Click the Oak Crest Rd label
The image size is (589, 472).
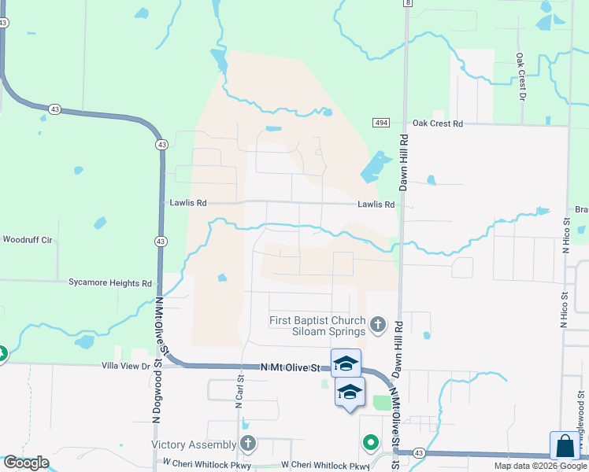[x=438, y=124]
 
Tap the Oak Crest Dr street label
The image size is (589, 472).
[x=520, y=77]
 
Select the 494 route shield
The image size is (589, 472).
[x=381, y=124]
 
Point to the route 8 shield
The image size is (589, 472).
[x=407, y=3]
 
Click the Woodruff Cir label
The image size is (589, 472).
[x=27, y=239]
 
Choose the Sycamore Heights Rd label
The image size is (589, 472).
[x=109, y=282]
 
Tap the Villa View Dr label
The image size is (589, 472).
[x=125, y=366]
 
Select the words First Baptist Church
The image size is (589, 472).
[x=317, y=320]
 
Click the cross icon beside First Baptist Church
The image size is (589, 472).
[x=378, y=324]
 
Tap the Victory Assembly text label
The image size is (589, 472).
[x=194, y=444]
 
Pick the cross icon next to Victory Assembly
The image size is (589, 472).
[x=248, y=444]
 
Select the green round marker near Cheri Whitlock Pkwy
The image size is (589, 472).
[x=370, y=444]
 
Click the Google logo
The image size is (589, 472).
[x=25, y=463]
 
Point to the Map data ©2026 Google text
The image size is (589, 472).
[x=539, y=466]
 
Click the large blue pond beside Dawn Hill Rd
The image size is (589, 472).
[x=373, y=168]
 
